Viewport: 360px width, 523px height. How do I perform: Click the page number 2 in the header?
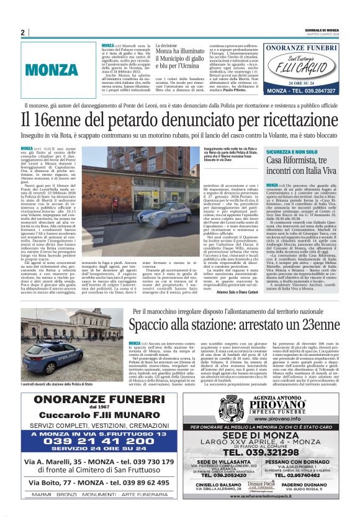click(22, 32)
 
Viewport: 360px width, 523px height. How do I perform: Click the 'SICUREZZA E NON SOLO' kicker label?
click(292, 152)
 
